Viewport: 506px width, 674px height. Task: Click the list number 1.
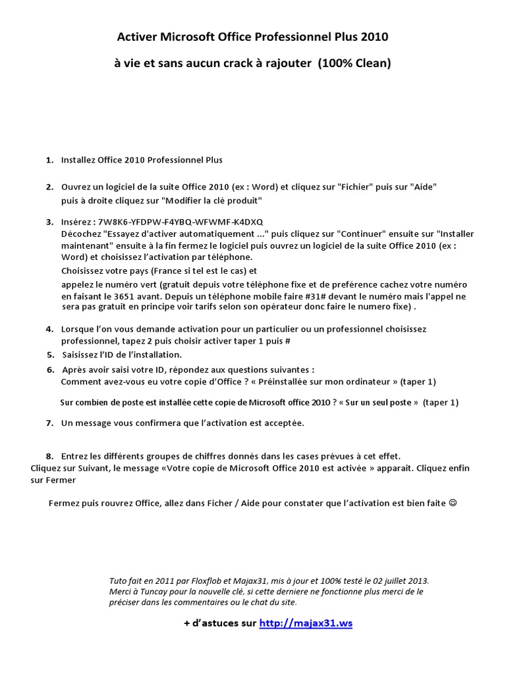49,160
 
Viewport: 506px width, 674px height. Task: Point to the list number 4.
49,328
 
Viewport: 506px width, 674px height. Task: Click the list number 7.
49,423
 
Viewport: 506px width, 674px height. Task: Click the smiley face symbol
452,503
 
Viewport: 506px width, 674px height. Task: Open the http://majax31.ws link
306,623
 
